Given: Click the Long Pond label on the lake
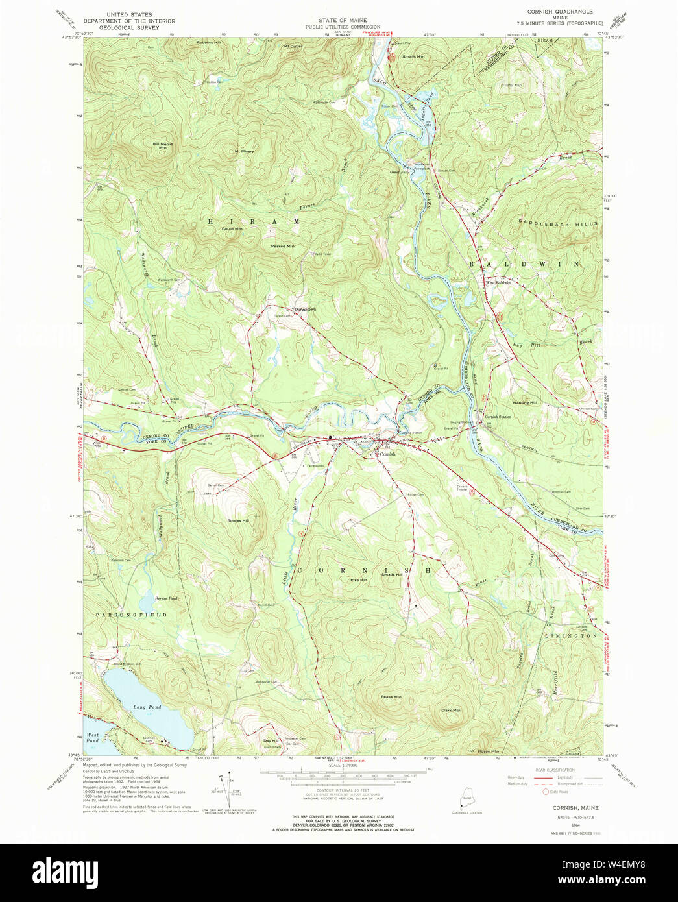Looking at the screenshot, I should (x=147, y=707).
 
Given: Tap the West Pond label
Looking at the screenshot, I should (x=93, y=738).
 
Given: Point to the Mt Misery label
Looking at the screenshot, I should (x=245, y=151).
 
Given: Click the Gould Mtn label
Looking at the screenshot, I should (x=232, y=229).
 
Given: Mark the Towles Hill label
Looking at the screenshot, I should (x=238, y=520).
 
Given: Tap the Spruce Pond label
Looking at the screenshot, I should (x=167, y=598).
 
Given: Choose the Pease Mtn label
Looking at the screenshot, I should (x=391, y=697).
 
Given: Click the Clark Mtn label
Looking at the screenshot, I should (x=450, y=710).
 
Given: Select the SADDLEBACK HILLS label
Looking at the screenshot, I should (x=557, y=223).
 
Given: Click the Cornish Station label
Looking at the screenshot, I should (x=498, y=417).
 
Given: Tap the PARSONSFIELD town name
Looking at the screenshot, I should (x=123, y=614).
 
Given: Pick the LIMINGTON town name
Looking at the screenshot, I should (x=570, y=635).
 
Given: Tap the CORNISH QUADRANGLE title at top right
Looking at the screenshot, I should (x=560, y=12).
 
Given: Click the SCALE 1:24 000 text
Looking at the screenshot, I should (x=339, y=765).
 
